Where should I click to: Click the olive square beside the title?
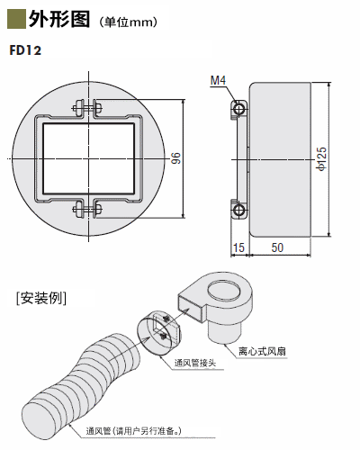pos(16,19)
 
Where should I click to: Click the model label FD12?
pos(25,50)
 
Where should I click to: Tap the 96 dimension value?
pos(176,158)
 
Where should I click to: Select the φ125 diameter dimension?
pos(322,159)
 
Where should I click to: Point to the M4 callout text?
pos(218,80)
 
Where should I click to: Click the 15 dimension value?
pos(238,247)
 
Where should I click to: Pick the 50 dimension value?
pos(277,247)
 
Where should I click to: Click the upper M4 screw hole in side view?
pos(239,109)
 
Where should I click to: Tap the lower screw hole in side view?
pos(239,210)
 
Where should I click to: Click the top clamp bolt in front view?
pos(87,108)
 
